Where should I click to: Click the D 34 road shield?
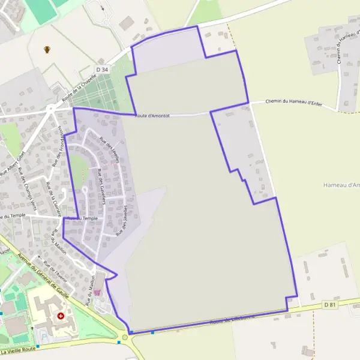(103, 70)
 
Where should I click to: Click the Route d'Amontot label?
(152, 115)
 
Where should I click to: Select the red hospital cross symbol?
(61, 316)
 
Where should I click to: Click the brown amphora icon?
(47, 49)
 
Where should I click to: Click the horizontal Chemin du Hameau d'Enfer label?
(293, 103)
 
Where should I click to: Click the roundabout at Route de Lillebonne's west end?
(125, 337)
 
